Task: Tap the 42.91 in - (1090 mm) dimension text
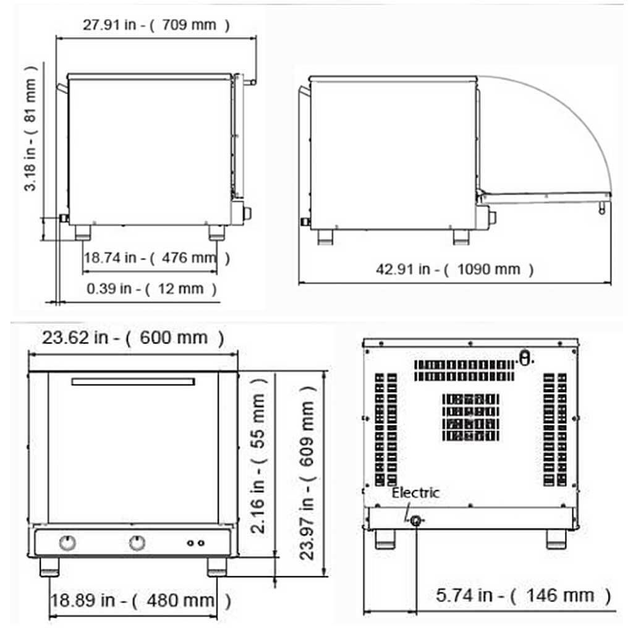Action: coord(454,269)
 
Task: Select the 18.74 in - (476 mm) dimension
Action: coord(157,258)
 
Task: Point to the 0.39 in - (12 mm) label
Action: coord(152,288)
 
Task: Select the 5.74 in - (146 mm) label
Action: coord(523,595)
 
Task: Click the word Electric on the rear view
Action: coord(415,493)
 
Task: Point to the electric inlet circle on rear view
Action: coord(417,521)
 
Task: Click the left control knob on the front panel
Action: coord(67,543)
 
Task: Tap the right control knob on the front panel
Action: coord(137,543)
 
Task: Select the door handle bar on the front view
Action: coord(133,381)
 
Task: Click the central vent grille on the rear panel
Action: coord(471,417)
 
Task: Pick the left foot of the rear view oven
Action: coord(385,539)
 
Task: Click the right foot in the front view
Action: coord(216,567)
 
